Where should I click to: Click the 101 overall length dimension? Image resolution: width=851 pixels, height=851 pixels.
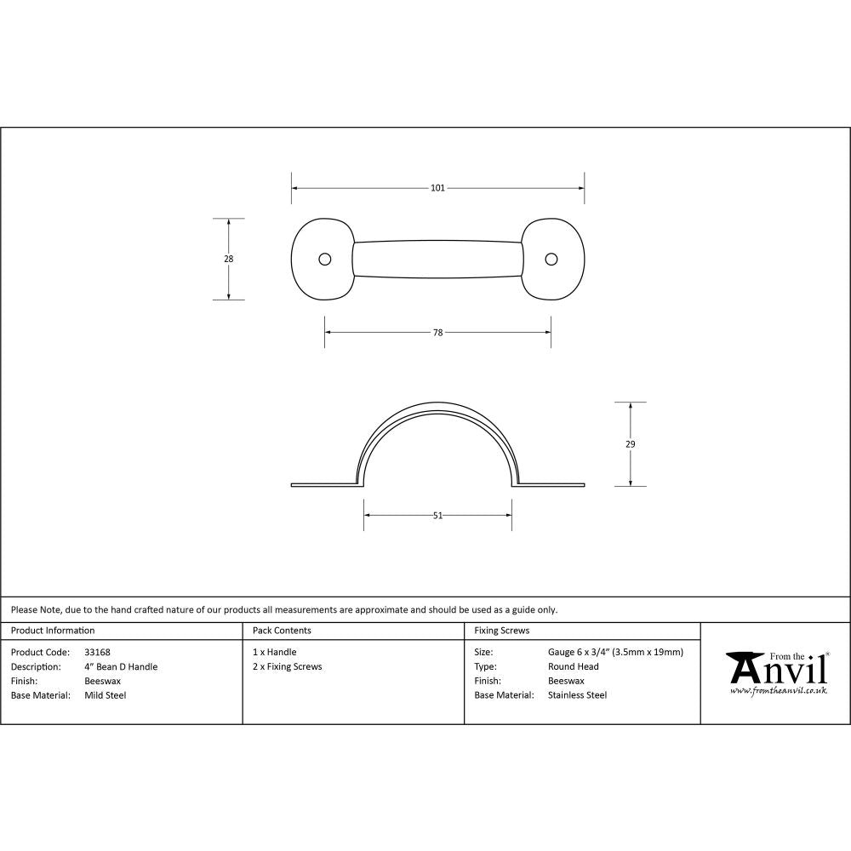point(437,188)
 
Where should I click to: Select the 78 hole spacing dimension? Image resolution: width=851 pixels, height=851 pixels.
point(437,333)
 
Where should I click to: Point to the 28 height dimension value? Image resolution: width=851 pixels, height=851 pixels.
point(228,259)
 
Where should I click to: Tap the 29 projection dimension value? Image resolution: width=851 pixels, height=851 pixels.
point(630,443)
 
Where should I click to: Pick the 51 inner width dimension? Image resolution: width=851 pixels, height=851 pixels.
point(437,515)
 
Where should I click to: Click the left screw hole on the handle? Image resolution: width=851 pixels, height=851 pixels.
point(324,259)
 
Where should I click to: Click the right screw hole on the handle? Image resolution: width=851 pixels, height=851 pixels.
point(551,259)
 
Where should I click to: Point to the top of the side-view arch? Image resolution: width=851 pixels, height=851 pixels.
point(437,407)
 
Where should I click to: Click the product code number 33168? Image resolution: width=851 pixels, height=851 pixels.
point(97,653)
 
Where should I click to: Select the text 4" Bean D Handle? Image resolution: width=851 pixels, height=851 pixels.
point(121,667)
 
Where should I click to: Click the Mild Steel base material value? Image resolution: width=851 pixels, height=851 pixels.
point(106,695)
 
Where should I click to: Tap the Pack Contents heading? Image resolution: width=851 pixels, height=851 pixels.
point(282,631)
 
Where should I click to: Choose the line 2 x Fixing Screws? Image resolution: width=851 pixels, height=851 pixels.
point(288,667)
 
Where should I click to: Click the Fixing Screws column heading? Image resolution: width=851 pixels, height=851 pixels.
point(502,631)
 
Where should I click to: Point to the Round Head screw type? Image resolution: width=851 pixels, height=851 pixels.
point(574,667)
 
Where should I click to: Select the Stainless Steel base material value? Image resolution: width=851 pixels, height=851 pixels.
point(578,695)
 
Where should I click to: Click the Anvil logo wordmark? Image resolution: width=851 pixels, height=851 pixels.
point(777,669)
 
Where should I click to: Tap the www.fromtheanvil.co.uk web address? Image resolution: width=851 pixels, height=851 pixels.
point(779,690)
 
